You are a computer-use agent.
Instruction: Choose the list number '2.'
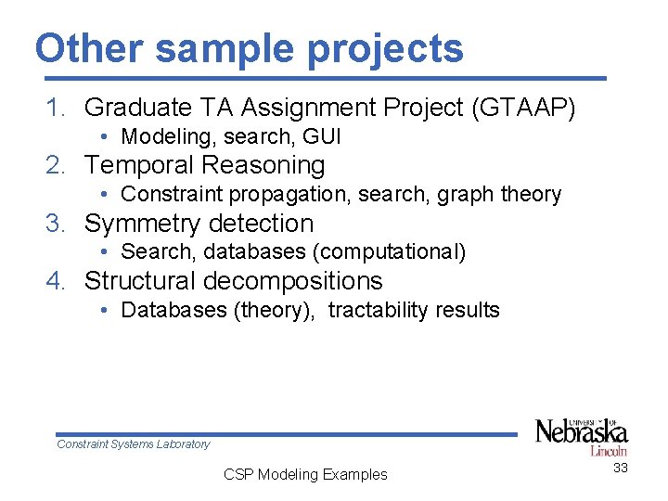click(58, 166)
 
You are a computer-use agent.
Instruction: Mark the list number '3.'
click(58, 224)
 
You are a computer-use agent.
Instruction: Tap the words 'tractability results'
click(414, 310)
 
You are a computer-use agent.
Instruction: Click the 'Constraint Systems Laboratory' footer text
click(134, 444)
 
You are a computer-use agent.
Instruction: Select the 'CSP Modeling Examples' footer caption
click(305, 475)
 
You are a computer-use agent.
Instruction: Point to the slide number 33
click(620, 469)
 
